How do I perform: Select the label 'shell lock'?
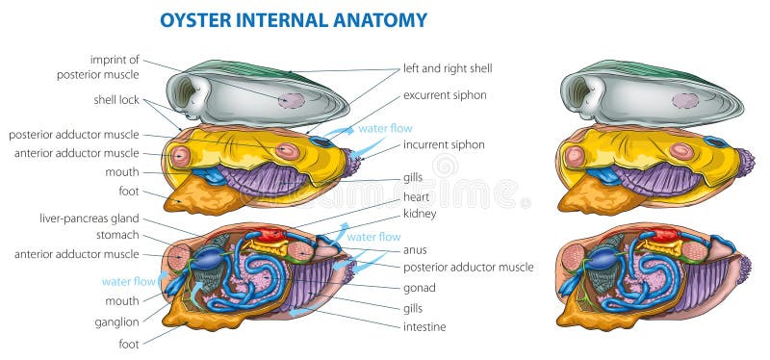[117, 99]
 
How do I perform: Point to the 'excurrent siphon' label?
[444, 94]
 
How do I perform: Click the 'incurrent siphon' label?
[444, 144]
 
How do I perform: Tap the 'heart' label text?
[416, 196]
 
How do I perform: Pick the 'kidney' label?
[420, 213]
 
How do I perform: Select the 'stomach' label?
[116, 235]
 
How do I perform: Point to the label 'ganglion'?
[115, 321]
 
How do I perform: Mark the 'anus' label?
[415, 248]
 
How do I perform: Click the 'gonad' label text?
[420, 287]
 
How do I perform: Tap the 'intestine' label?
[423, 326]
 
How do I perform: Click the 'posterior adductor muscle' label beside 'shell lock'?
[75, 135]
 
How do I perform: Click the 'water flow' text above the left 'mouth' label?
[129, 281]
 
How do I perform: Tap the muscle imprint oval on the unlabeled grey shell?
[685, 100]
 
